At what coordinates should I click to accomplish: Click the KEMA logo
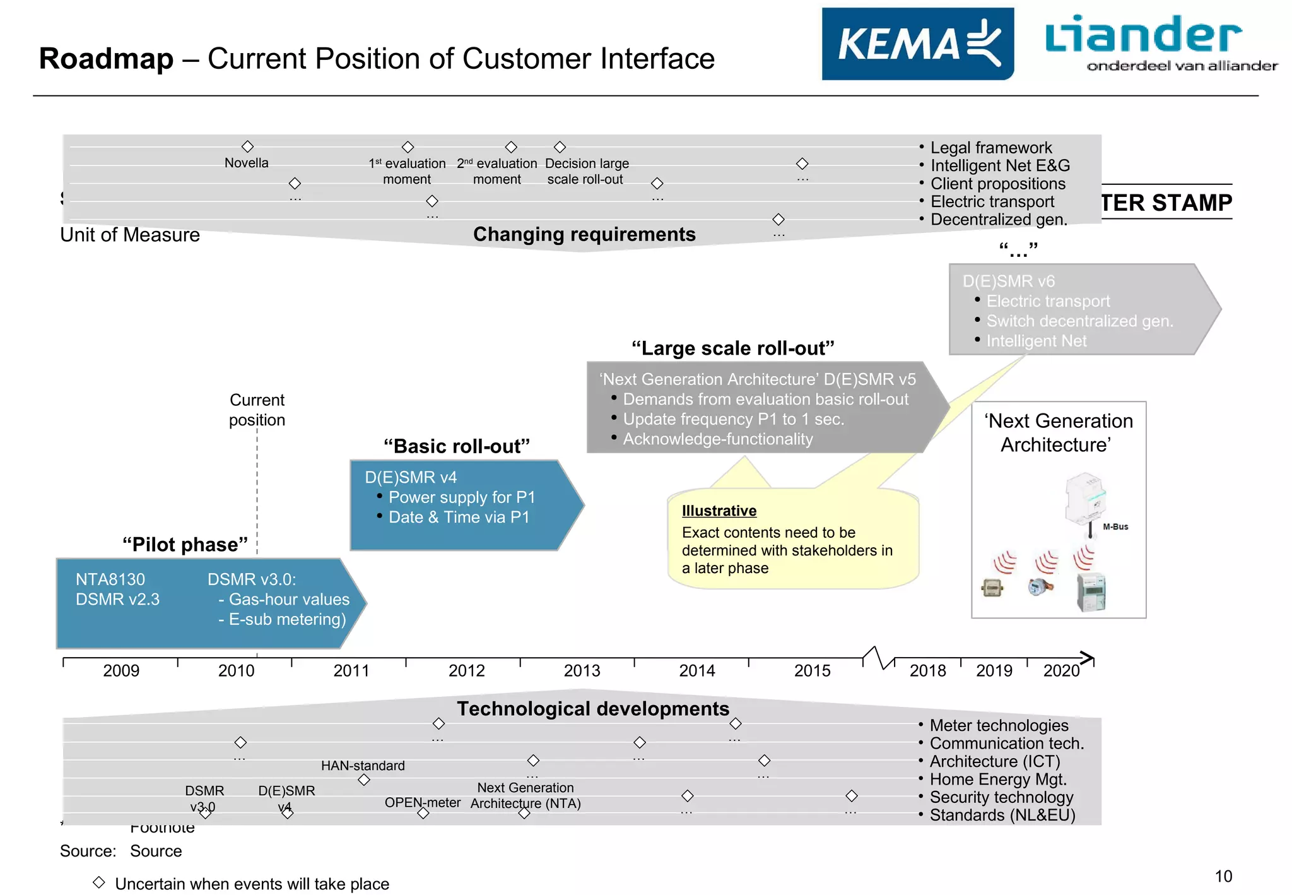(x=917, y=44)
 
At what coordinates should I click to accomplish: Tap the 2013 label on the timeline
(x=582, y=670)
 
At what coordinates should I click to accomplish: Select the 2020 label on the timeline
(x=1061, y=670)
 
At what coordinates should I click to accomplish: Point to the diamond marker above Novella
(x=247, y=146)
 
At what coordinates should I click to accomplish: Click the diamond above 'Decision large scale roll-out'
(x=560, y=147)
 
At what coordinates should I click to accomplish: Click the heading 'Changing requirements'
(x=584, y=234)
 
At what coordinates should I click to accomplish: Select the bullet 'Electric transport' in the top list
(x=992, y=201)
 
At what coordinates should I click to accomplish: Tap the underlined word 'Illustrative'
(x=719, y=511)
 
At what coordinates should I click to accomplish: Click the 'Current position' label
(x=257, y=410)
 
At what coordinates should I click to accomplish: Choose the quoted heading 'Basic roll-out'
(x=456, y=446)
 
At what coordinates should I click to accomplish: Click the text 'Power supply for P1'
(x=461, y=497)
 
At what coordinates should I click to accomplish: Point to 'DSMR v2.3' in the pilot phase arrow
(x=117, y=599)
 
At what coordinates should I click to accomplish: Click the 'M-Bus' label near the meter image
(x=1115, y=526)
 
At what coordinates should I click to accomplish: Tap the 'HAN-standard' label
(x=363, y=766)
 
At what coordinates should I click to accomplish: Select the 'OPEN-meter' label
(x=422, y=802)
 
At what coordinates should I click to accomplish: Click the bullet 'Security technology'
(x=1001, y=797)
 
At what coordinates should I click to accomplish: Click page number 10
(x=1223, y=876)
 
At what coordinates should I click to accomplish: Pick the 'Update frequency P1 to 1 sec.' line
(x=733, y=419)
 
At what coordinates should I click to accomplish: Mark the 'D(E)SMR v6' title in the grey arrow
(x=1008, y=281)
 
